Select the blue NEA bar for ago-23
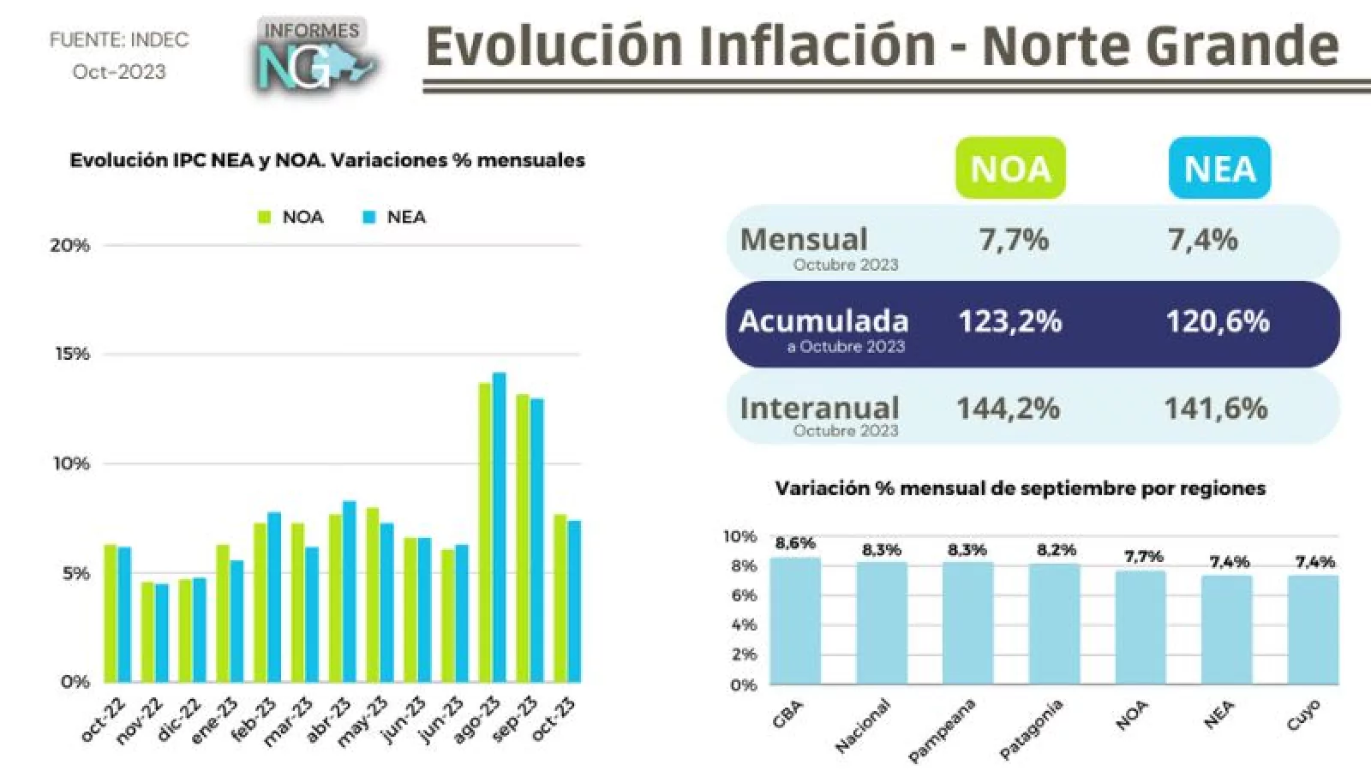coord(499,528)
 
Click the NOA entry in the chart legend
coord(291,218)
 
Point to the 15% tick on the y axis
coord(72,354)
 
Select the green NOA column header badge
coord(1010,169)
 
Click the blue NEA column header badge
coord(1219,169)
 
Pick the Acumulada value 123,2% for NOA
coord(1009,322)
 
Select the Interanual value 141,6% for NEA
coord(1215,409)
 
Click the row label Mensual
coord(804,240)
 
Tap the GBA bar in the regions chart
coord(795,621)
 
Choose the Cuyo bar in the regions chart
coord(1313,630)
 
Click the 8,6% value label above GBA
coord(795,543)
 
